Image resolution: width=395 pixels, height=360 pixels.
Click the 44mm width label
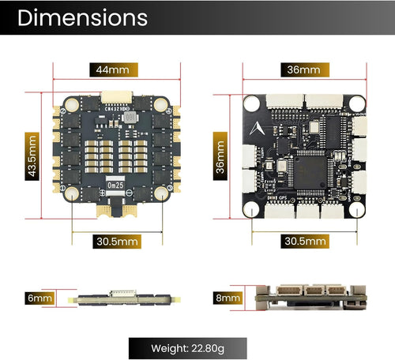click(x=112, y=69)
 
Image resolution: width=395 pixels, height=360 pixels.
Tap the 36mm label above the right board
click(x=304, y=69)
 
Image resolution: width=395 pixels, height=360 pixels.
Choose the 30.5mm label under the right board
click(x=306, y=240)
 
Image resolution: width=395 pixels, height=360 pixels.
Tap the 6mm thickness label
click(x=39, y=298)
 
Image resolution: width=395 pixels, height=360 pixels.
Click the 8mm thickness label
click(x=228, y=298)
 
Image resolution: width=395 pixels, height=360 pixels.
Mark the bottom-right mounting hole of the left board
click(x=161, y=193)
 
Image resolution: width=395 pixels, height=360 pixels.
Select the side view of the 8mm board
click(x=312, y=298)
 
